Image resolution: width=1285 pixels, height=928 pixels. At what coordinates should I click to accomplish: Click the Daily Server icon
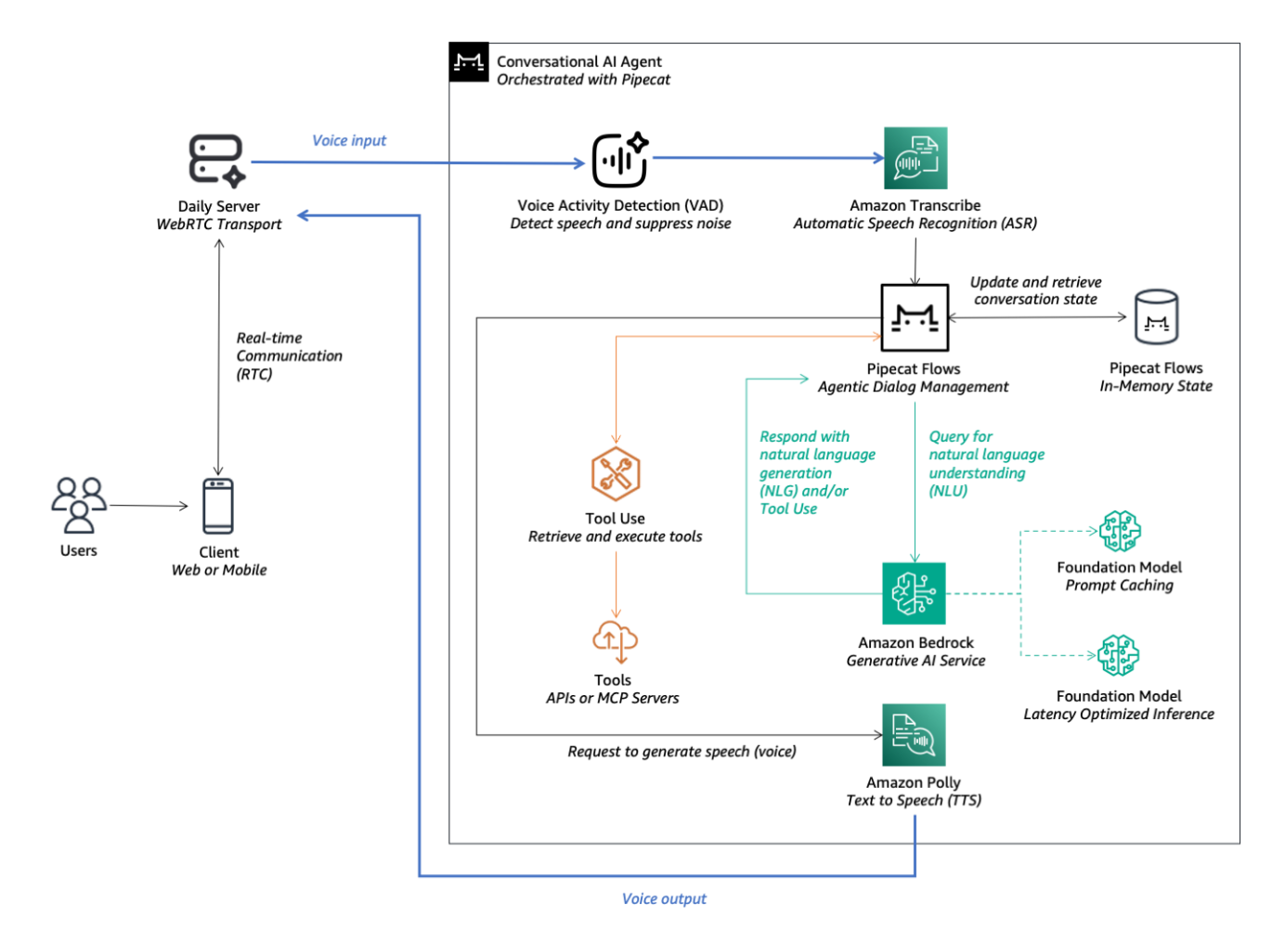[216, 161]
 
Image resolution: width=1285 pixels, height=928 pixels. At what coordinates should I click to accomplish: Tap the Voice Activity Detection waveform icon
[620, 160]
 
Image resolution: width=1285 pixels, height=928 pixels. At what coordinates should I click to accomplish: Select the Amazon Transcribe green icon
[915, 159]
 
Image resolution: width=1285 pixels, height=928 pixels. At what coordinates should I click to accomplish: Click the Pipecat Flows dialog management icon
[915, 317]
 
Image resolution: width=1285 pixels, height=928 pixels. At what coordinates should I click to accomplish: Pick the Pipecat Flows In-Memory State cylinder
[1156, 318]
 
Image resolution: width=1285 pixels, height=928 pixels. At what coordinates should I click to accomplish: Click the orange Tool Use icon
[615, 474]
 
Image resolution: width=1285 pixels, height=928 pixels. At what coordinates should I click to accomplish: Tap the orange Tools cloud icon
[615, 640]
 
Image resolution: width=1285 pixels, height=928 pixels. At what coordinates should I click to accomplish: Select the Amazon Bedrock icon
[914, 593]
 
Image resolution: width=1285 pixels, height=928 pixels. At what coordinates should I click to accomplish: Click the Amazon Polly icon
[914, 735]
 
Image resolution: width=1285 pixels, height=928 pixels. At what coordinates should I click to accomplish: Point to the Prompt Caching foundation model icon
[1120, 532]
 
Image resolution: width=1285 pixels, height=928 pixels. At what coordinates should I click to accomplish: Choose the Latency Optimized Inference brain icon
[1119, 656]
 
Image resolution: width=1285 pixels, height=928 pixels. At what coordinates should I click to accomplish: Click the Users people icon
[79, 505]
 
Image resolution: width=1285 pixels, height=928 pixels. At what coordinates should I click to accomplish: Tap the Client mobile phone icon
[218, 506]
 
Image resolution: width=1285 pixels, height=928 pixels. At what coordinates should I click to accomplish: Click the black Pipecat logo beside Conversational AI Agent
[469, 62]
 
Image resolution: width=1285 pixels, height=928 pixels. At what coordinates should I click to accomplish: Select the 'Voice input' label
[349, 140]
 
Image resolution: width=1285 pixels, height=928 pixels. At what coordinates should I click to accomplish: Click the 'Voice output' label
[664, 898]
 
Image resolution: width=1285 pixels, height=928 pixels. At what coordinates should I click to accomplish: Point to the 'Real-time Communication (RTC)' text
[289, 356]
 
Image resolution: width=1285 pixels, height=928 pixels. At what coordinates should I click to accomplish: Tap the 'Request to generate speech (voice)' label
[681, 752]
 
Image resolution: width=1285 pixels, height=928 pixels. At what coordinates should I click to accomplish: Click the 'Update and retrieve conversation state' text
[1035, 290]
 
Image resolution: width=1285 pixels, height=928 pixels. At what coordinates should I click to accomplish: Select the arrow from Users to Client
[149, 506]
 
